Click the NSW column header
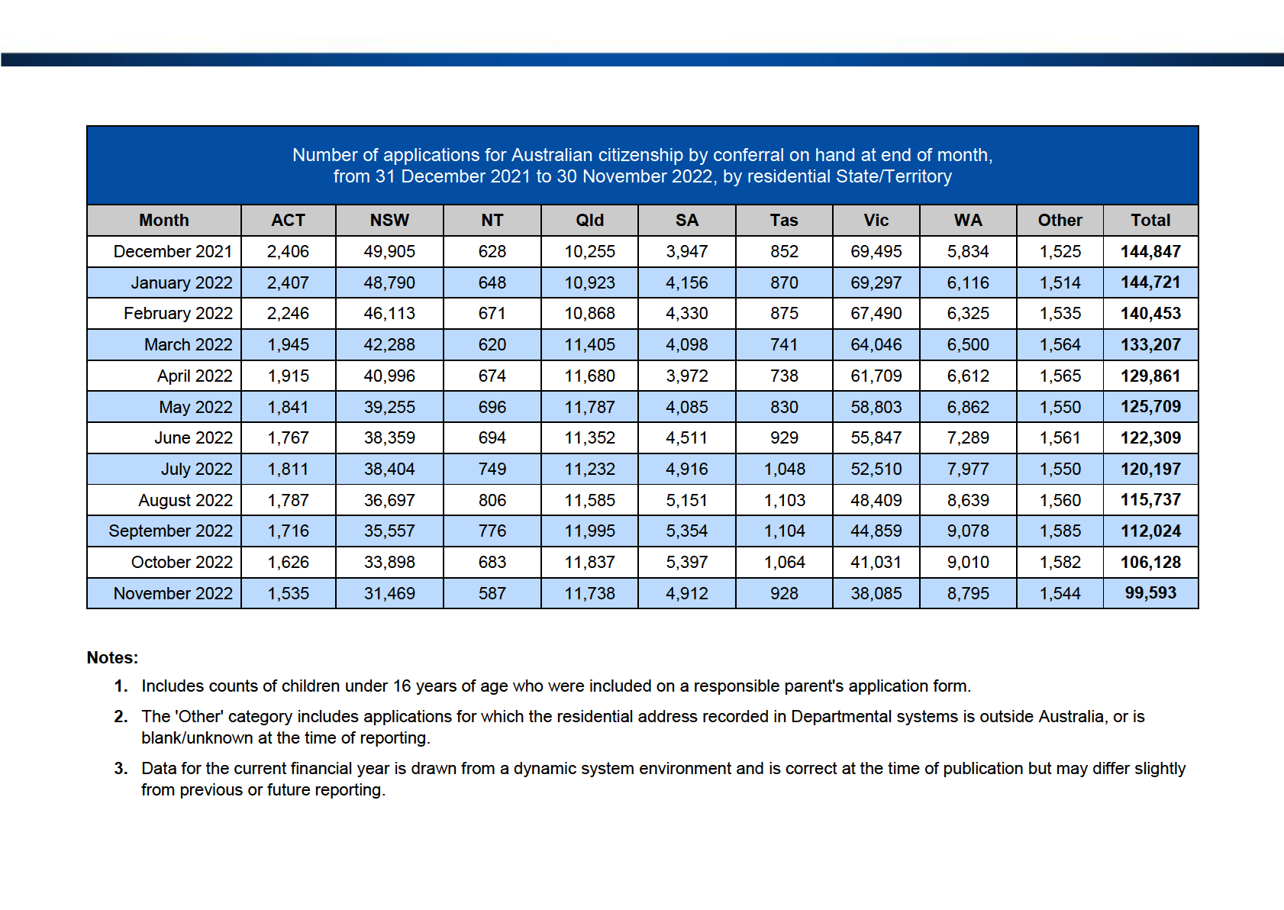[389, 220]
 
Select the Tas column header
[783, 220]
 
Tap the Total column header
[1150, 220]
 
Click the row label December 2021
[173, 252]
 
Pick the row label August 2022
[186, 500]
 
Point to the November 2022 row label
[173, 593]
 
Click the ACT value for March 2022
[288, 344]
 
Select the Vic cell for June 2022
[876, 438]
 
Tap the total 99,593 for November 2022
[1150, 593]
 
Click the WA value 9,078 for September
[968, 531]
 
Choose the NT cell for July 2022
[492, 469]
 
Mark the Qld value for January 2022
[589, 282]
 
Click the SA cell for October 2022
[686, 562]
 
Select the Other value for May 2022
[1060, 407]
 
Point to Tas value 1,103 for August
[783, 500]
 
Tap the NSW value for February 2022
[389, 314]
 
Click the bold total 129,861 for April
[1150, 376]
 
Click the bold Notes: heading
[112, 658]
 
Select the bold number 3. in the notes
[121, 768]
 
